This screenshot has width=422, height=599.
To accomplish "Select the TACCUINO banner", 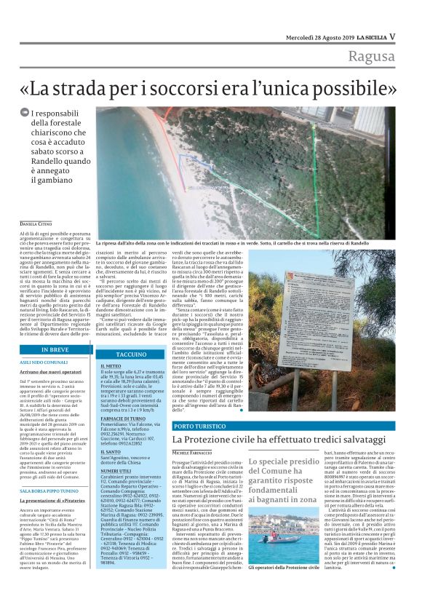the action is (x=131, y=354).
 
